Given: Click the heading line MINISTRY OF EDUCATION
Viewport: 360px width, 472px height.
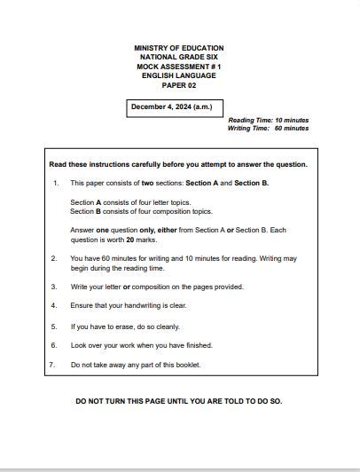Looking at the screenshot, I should [179, 48].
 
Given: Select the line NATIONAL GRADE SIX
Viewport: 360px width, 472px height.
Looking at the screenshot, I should [179, 58].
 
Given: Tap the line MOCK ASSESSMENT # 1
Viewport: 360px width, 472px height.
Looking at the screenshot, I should [179, 67].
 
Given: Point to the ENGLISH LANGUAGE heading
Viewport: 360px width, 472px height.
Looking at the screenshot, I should [179, 75].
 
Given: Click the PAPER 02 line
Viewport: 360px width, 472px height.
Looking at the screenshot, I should [179, 85].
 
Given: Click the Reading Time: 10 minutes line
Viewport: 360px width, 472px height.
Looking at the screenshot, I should [268, 120].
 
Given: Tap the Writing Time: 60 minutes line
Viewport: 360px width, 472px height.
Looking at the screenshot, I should [268, 128].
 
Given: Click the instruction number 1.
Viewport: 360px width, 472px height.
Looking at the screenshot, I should [56, 183].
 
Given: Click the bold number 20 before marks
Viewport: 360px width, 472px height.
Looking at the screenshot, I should [129, 240].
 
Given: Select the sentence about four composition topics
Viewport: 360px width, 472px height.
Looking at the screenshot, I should [141, 211].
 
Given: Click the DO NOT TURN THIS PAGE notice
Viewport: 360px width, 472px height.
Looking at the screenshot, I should [179, 401].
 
